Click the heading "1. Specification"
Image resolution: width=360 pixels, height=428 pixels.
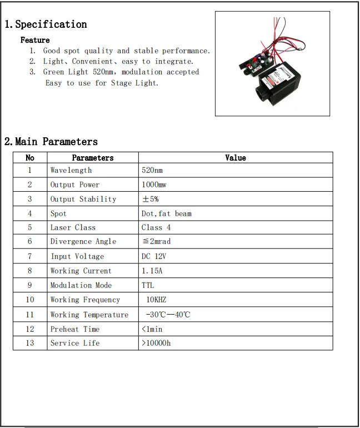[x=46, y=24]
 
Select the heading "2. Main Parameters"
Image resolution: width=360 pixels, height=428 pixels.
[x=51, y=142]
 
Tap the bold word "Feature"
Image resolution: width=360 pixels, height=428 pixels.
[x=35, y=40]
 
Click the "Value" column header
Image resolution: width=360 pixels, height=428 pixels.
[x=235, y=158]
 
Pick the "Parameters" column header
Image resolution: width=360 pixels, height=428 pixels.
[x=93, y=158]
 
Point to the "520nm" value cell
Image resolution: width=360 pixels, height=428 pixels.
[x=152, y=170]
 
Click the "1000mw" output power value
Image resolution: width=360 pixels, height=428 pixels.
[x=154, y=185]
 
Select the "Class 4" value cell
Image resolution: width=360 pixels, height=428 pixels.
[x=156, y=227]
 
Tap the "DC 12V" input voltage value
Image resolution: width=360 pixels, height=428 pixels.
[x=154, y=256]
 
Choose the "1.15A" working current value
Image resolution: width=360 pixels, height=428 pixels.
[x=152, y=271]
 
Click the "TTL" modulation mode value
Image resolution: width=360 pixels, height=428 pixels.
[x=148, y=285]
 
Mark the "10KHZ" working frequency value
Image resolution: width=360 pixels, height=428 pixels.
[x=156, y=300]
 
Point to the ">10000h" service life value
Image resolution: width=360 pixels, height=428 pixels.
[x=156, y=343]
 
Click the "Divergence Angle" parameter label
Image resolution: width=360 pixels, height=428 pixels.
[x=83, y=242]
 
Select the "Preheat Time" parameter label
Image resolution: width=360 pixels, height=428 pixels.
[x=75, y=329]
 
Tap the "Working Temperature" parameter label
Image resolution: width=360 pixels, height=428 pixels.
[x=89, y=315]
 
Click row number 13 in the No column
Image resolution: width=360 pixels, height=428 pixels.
[x=30, y=343]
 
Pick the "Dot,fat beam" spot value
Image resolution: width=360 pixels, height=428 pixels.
[x=167, y=213]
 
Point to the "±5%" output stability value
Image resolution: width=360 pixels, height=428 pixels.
[x=151, y=199]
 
